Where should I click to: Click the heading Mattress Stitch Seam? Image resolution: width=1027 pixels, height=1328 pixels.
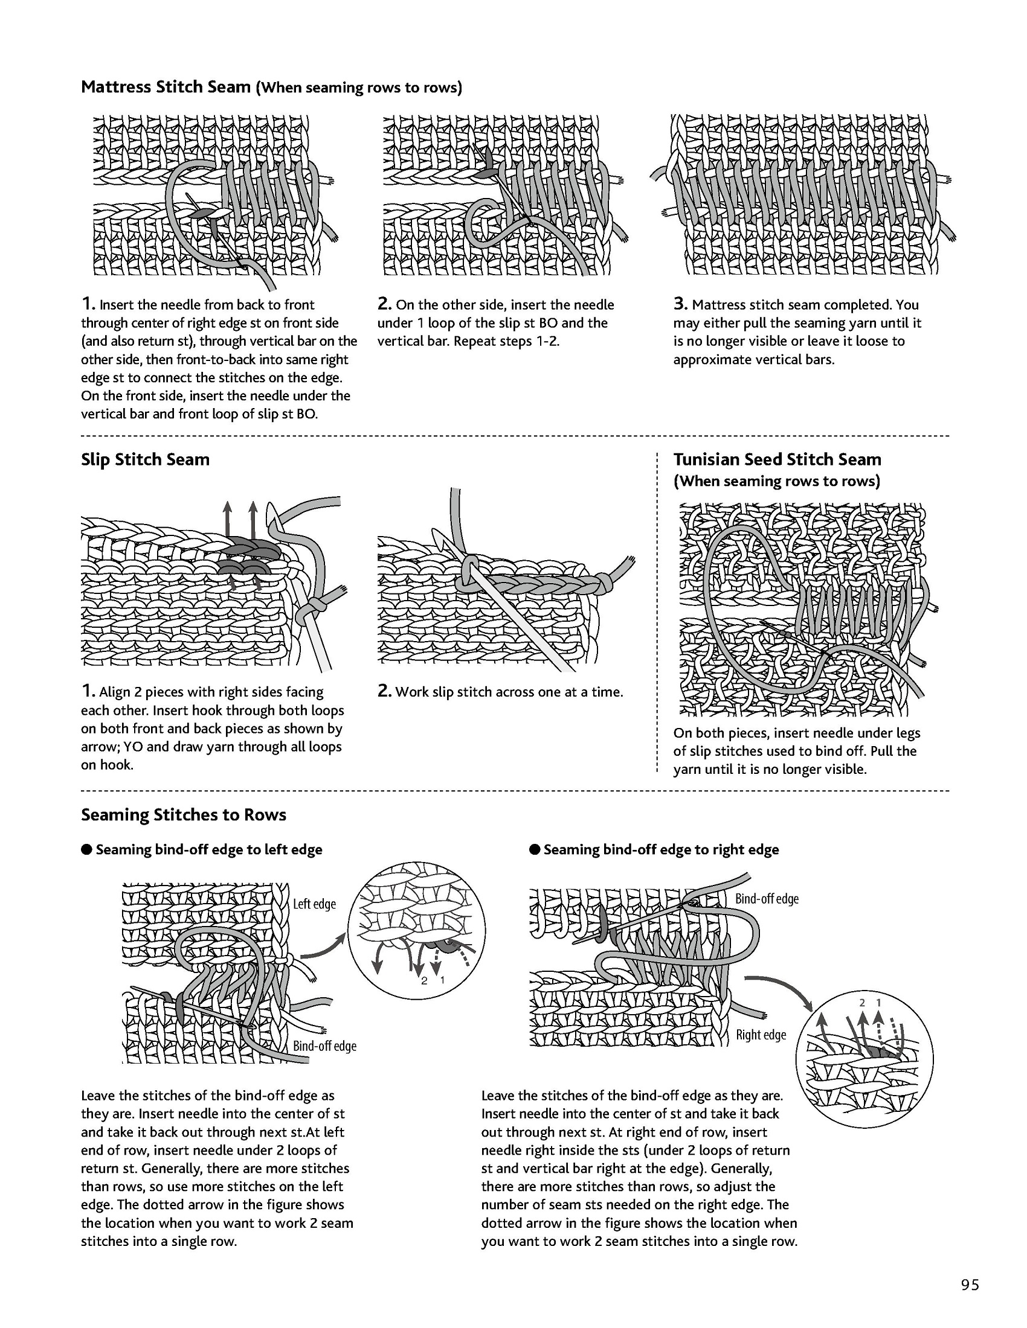166,87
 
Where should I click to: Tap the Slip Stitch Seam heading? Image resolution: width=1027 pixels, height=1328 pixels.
145,460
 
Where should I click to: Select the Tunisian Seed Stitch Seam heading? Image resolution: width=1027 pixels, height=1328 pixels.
777,460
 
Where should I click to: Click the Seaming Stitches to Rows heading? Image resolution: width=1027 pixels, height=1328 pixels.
183,815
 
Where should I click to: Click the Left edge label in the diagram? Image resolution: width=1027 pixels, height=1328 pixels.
314,904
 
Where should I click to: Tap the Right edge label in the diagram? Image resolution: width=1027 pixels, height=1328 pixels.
761,1035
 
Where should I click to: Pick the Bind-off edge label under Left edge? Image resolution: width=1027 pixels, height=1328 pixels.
324,1046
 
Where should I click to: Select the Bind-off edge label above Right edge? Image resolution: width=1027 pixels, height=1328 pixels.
767,899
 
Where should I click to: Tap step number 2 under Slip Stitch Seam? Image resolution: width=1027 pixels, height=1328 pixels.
383,691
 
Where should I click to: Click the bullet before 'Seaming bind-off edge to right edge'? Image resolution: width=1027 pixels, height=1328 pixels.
535,849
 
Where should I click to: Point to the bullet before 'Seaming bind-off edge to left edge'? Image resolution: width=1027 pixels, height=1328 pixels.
86,849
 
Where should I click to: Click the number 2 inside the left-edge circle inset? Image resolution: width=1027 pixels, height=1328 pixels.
424,980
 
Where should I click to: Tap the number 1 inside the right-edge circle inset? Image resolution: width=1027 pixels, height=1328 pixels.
878,1003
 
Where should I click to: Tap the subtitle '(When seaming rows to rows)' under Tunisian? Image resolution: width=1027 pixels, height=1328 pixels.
776,482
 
